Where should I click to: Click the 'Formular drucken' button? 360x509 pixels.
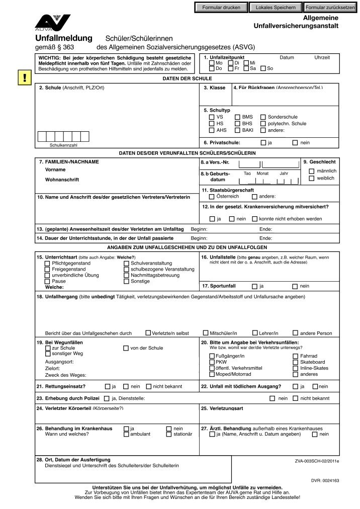[221, 8]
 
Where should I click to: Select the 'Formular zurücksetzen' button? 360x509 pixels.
[330, 8]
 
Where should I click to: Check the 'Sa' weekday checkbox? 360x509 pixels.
[246, 68]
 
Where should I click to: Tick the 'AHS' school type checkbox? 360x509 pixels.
[212, 130]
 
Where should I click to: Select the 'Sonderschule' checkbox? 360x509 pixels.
[263, 117]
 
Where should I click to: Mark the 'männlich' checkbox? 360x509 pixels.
[312, 172]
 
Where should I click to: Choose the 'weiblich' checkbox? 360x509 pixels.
[312, 179]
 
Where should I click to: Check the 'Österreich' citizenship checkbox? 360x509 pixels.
[212, 197]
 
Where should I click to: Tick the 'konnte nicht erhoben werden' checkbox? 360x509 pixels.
[255, 219]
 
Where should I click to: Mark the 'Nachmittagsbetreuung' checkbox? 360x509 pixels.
[126, 275]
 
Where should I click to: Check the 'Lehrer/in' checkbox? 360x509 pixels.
[255, 333]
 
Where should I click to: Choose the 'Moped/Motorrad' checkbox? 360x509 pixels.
[212, 374]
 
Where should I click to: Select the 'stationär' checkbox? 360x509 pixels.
[169, 434]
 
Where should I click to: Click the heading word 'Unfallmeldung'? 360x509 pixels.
[64, 39]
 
